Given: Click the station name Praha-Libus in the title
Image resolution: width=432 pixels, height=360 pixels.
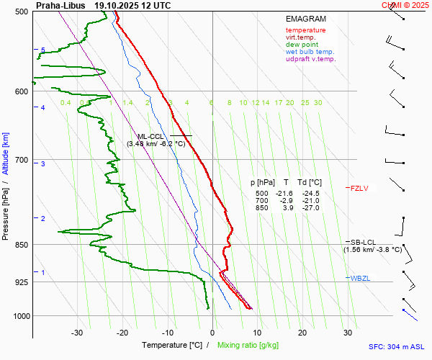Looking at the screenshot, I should (60, 5).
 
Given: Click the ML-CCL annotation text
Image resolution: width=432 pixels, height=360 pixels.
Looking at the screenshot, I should (151, 136).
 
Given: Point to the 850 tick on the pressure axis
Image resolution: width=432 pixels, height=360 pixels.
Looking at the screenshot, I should (21, 245).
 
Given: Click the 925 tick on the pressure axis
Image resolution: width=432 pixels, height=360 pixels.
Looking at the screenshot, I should (21, 282).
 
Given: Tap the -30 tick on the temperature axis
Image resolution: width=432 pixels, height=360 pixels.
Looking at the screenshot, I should (78, 333).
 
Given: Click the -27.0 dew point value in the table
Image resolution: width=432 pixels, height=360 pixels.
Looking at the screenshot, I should (310, 208).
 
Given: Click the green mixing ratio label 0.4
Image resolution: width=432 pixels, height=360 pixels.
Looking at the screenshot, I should (66, 103).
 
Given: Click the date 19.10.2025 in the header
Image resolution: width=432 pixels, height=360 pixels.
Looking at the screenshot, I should (123, 5).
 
